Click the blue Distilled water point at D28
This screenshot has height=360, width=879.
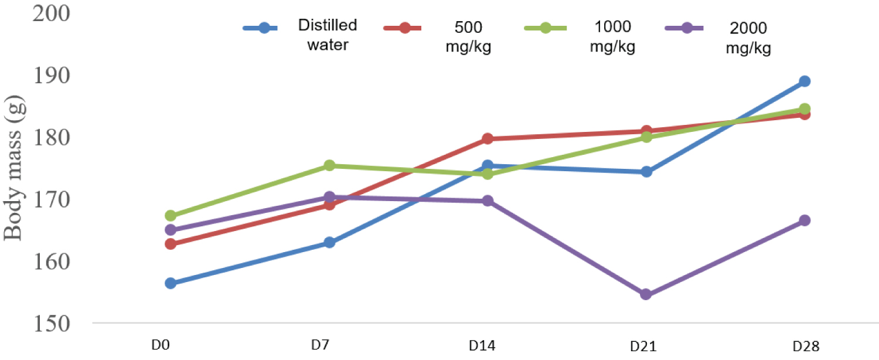[805, 81]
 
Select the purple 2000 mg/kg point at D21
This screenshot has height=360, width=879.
[646, 294]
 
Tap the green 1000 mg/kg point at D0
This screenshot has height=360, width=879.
[171, 216]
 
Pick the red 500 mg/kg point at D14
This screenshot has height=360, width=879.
[488, 139]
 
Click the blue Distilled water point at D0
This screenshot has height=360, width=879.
[171, 283]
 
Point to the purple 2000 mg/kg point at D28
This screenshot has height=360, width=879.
[805, 220]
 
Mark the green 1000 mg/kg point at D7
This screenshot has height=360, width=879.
[329, 165]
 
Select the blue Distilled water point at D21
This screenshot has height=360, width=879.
[646, 172]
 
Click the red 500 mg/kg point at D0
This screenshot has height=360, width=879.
[171, 243]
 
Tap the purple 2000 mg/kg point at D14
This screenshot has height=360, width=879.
[488, 201]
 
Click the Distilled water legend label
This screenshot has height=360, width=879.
[328, 35]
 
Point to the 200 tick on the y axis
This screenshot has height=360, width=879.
[53, 13]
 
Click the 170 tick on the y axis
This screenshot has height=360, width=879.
[53, 199]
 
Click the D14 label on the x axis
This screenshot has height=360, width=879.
[482, 347]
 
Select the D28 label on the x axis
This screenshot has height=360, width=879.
[802, 347]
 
